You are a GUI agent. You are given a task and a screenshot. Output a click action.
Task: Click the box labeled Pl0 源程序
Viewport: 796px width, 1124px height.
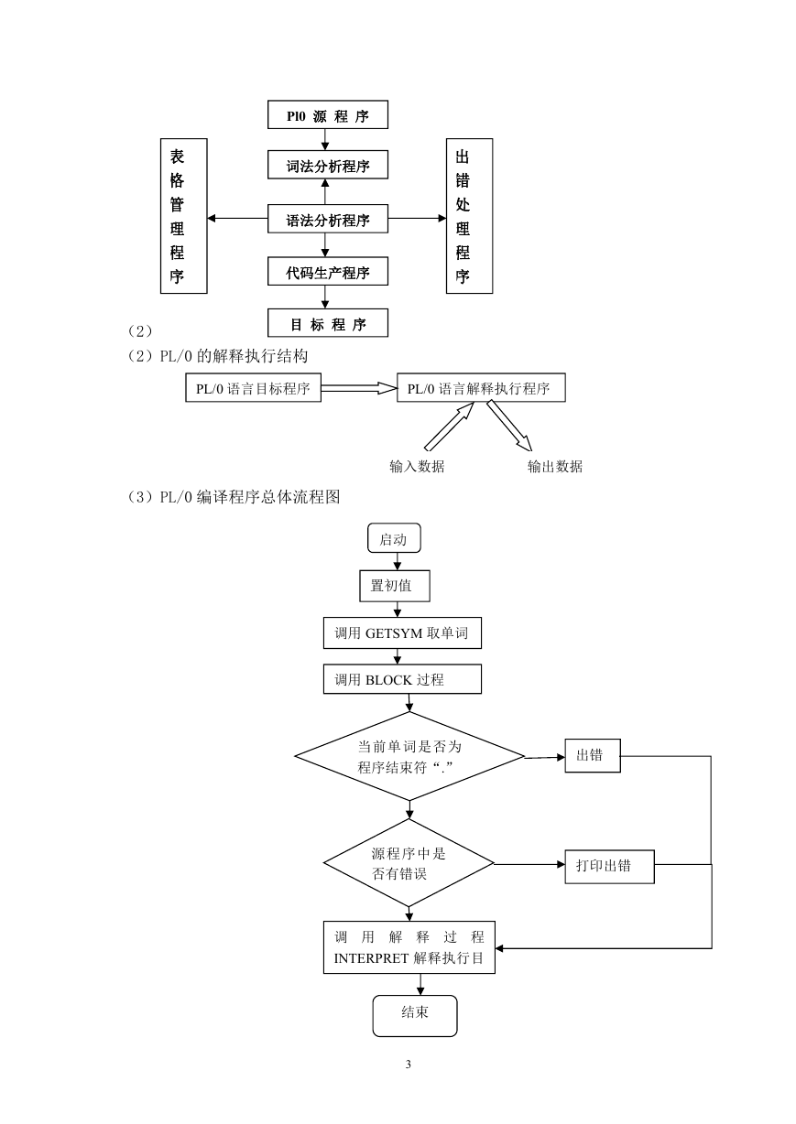coord(327,114)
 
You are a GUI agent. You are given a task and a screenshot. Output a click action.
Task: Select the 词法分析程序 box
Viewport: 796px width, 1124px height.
coord(327,165)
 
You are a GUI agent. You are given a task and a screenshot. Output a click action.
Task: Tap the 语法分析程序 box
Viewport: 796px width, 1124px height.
coord(327,219)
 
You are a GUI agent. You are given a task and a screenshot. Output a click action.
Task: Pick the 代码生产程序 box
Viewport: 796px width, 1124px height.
coord(327,272)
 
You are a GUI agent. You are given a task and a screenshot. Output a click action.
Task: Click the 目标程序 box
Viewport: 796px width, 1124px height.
coord(327,323)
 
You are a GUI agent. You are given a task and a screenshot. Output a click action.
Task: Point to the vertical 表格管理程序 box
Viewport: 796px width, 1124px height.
coord(184,216)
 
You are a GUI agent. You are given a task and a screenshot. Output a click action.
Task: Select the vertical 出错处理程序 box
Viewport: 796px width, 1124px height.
coord(470,216)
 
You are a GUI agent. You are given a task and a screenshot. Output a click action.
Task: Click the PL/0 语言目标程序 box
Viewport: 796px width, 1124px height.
coord(253,387)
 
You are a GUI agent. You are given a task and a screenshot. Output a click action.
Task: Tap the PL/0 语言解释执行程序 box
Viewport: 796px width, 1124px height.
coord(481,387)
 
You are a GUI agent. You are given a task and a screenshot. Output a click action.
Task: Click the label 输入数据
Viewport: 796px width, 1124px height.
coord(417,467)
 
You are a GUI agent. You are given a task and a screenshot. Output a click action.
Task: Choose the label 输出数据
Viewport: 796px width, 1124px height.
coord(555,467)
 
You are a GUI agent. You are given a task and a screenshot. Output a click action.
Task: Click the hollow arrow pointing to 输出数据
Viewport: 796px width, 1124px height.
coord(509,426)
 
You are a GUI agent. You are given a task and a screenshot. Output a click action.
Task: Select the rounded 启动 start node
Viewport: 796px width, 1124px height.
coord(394,538)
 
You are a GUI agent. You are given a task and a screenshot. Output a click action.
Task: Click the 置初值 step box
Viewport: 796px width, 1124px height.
coord(395,586)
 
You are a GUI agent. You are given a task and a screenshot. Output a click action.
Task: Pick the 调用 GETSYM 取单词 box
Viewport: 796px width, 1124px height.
coord(402,632)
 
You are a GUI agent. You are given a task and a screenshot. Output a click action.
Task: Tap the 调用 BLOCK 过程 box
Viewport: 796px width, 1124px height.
coord(402,679)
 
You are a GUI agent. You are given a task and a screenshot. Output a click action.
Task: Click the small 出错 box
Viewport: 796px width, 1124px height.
coord(593,756)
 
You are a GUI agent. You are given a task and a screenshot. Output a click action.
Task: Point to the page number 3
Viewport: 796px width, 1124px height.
coord(409,1065)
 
